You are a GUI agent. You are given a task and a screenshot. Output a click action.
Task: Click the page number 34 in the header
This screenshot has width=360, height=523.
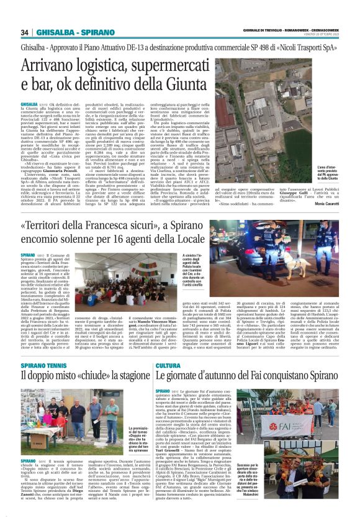point(25,33)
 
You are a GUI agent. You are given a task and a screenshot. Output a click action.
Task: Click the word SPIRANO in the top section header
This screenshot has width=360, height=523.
point(81,33)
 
